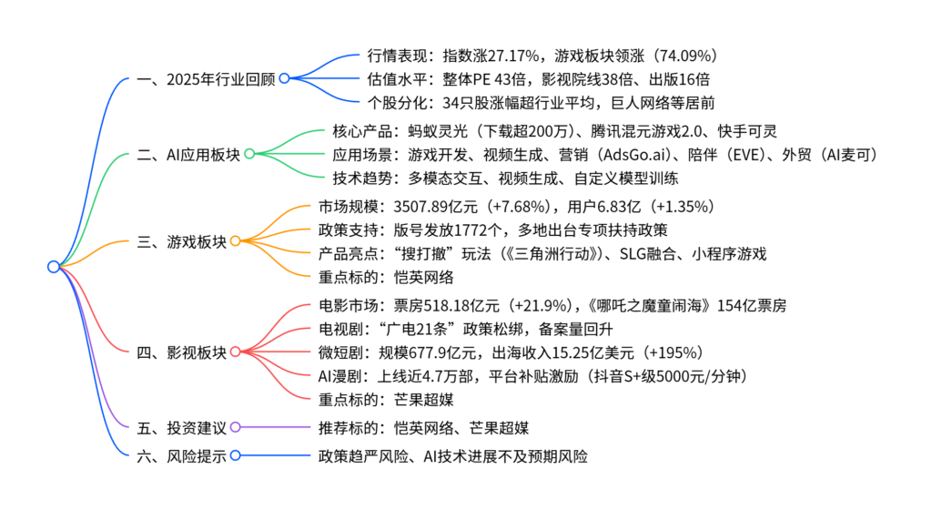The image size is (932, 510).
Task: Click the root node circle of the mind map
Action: tap(53, 267)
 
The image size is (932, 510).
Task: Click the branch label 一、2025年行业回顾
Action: tap(205, 78)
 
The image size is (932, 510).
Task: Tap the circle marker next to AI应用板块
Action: tap(249, 155)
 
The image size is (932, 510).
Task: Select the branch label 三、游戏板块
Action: tap(180, 241)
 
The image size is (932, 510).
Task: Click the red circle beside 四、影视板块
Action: tap(235, 352)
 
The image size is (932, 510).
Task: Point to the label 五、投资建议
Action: tap(180, 427)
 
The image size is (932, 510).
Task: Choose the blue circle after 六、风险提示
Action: tap(235, 454)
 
